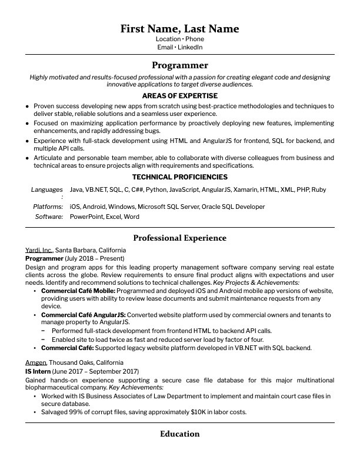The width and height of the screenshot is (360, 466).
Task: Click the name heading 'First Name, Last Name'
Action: coord(179,29)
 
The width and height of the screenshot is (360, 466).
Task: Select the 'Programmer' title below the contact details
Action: coord(179,65)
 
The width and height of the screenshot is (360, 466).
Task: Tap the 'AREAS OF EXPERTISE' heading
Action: coord(179,95)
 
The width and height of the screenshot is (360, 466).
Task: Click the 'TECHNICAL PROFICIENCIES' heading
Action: coord(179,177)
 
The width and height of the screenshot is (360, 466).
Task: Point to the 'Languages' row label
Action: coord(47,190)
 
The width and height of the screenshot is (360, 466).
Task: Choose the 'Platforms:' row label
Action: coord(48,207)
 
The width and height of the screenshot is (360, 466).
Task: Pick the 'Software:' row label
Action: coord(49,217)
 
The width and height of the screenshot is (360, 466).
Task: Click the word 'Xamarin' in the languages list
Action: coord(245,190)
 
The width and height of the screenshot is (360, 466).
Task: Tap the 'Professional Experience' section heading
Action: coord(179,238)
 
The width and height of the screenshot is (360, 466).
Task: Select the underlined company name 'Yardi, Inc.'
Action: coord(39,250)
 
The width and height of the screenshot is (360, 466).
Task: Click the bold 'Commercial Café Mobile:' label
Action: coord(78,291)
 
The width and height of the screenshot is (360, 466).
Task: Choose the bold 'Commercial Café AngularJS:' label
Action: coord(83,315)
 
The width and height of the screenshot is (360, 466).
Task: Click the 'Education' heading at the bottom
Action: coord(179,434)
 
